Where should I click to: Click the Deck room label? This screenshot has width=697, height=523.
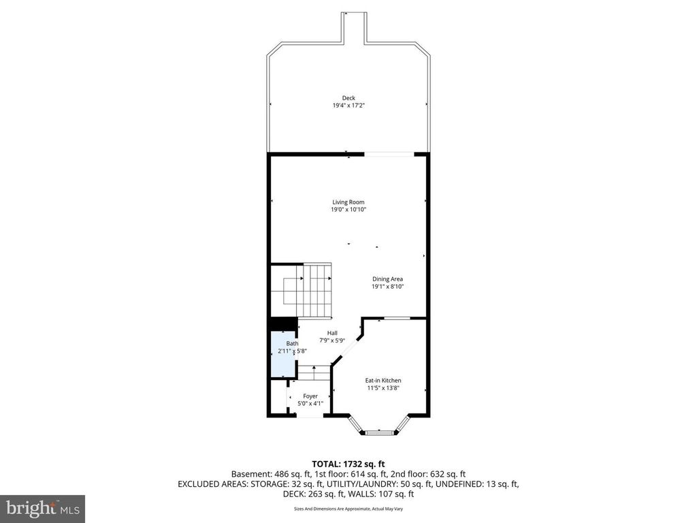tap(348, 98)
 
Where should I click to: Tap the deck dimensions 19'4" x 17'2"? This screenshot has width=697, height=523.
tap(348, 106)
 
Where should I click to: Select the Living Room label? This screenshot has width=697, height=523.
tap(348, 202)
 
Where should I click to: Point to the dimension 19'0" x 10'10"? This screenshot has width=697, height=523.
tap(348, 210)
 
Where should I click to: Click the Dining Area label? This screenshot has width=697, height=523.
tap(387, 279)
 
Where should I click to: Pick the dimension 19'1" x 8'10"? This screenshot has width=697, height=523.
tap(387, 287)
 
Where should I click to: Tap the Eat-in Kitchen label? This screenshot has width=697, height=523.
tap(383, 381)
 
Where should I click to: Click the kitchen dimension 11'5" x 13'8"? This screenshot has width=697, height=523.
tap(383, 388)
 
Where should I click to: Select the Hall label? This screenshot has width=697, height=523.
tap(332, 333)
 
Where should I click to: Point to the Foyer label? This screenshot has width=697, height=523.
tap(310, 396)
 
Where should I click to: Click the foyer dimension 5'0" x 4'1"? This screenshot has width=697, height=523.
tap(310, 404)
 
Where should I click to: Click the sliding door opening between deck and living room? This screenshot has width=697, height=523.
tap(389, 155)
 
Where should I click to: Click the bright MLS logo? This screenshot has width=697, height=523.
tap(42, 508)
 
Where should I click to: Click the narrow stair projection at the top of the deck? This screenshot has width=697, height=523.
tap(353, 27)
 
